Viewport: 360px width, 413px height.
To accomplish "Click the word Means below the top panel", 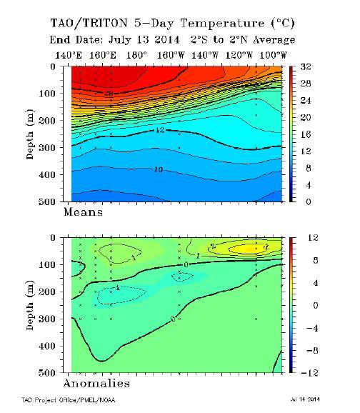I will pyautogui.click(x=84, y=212).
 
